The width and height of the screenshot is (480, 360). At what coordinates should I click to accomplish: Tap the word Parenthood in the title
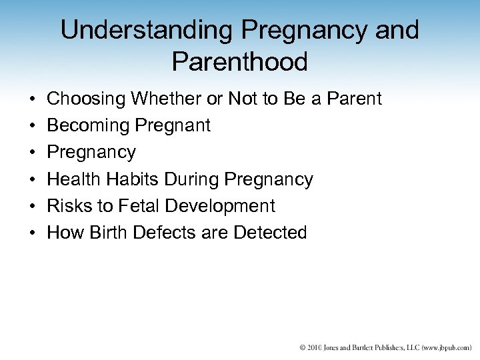tap(239, 61)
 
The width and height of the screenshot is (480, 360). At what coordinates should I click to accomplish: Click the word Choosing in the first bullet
tap(87, 99)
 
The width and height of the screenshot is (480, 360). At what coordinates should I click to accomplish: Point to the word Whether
tap(167, 99)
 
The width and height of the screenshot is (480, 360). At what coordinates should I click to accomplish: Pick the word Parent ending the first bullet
tap(351, 99)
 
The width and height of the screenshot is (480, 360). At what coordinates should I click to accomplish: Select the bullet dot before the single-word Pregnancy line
tap(32, 153)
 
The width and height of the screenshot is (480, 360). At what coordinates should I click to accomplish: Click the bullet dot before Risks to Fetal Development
tap(32, 206)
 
